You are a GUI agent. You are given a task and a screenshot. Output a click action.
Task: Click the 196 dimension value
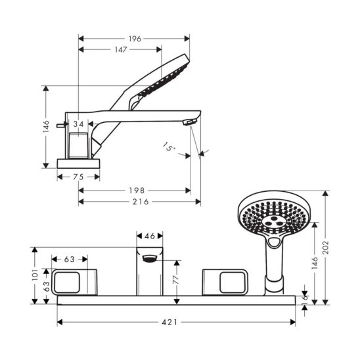(135, 39)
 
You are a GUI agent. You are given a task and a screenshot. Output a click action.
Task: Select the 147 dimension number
(121, 49)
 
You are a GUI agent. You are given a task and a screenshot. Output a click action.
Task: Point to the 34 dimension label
(79, 124)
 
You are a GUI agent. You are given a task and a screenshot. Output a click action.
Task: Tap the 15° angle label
(169, 147)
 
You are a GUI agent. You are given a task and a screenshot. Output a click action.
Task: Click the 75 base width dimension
(78, 177)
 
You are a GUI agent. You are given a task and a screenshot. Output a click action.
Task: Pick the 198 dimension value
(137, 191)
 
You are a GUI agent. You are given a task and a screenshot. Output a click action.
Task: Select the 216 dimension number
(141, 202)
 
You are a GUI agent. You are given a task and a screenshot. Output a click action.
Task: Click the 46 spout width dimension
(150, 236)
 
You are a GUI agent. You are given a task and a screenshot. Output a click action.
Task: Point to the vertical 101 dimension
(35, 275)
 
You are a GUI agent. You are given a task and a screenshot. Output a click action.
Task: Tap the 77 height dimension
(175, 280)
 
